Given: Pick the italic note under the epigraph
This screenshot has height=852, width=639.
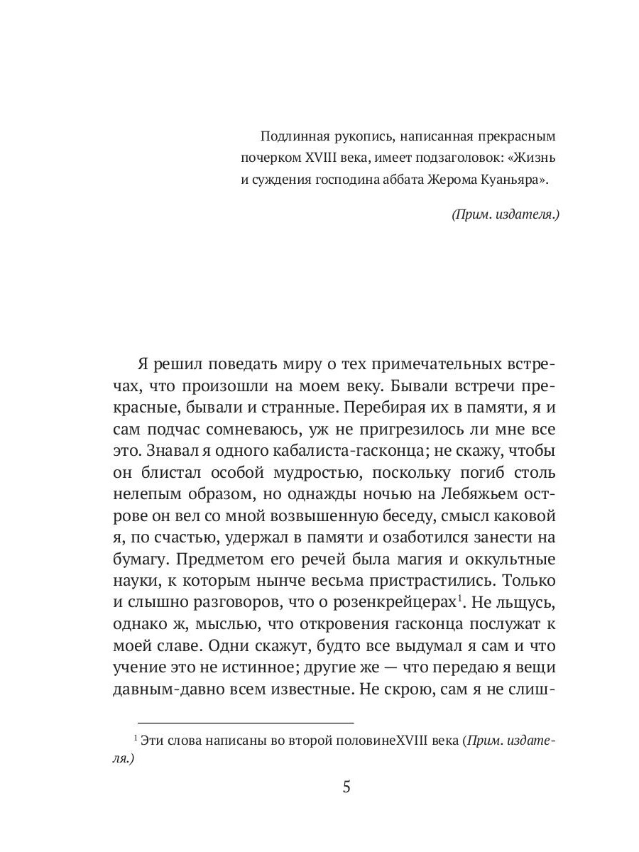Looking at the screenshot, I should pyautogui.click(x=505, y=214).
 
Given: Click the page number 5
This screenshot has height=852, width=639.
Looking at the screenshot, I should pyautogui.click(x=347, y=787).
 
